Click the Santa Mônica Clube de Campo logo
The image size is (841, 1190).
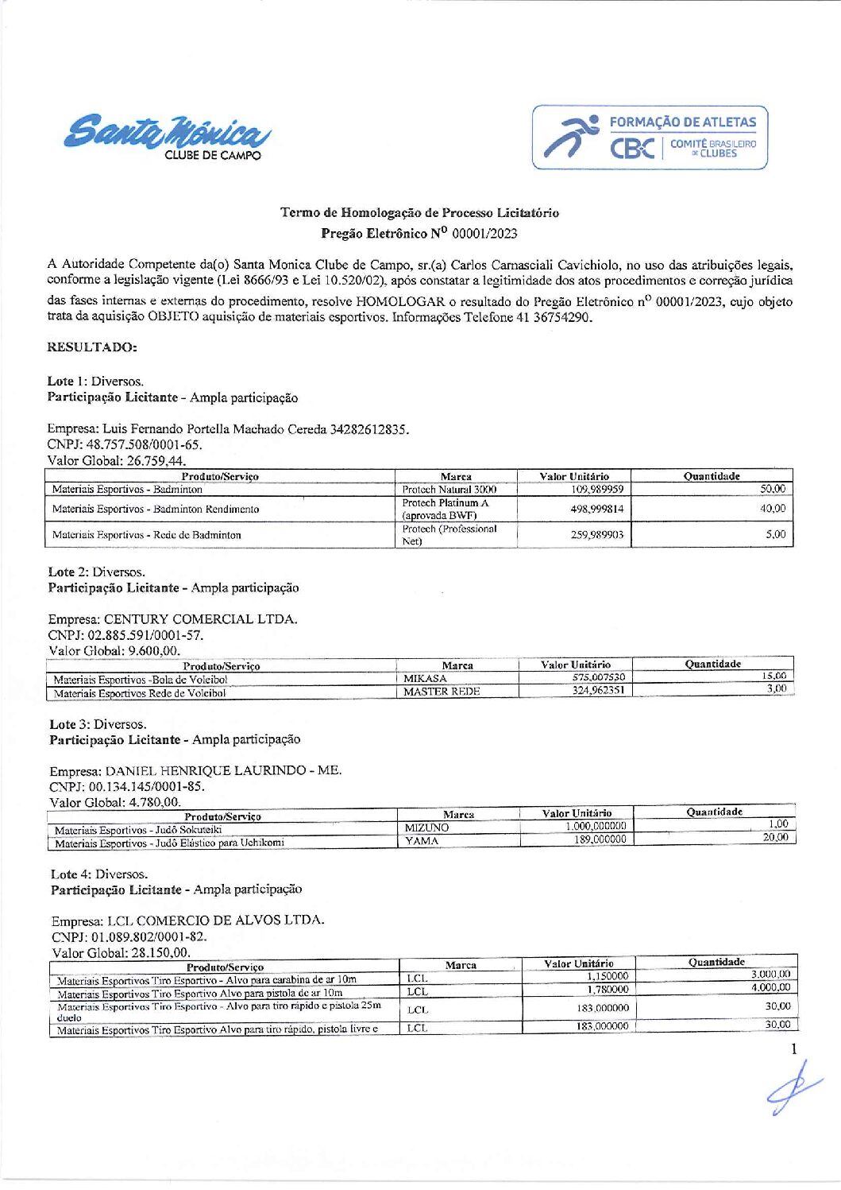point(167,136)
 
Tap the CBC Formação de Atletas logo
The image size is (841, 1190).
point(650,138)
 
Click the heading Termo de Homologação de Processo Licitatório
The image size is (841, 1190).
point(419,212)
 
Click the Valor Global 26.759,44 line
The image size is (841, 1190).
point(117,460)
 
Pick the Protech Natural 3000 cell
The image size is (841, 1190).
point(449,490)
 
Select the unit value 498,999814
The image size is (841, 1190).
point(596,509)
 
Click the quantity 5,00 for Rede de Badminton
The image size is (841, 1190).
point(775,534)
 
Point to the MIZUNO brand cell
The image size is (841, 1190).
point(426,828)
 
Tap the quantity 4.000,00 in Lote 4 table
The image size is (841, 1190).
point(770,987)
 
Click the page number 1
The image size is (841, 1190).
point(793,1049)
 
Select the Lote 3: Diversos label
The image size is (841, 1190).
point(98,724)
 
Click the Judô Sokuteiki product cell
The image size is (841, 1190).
point(138,830)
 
